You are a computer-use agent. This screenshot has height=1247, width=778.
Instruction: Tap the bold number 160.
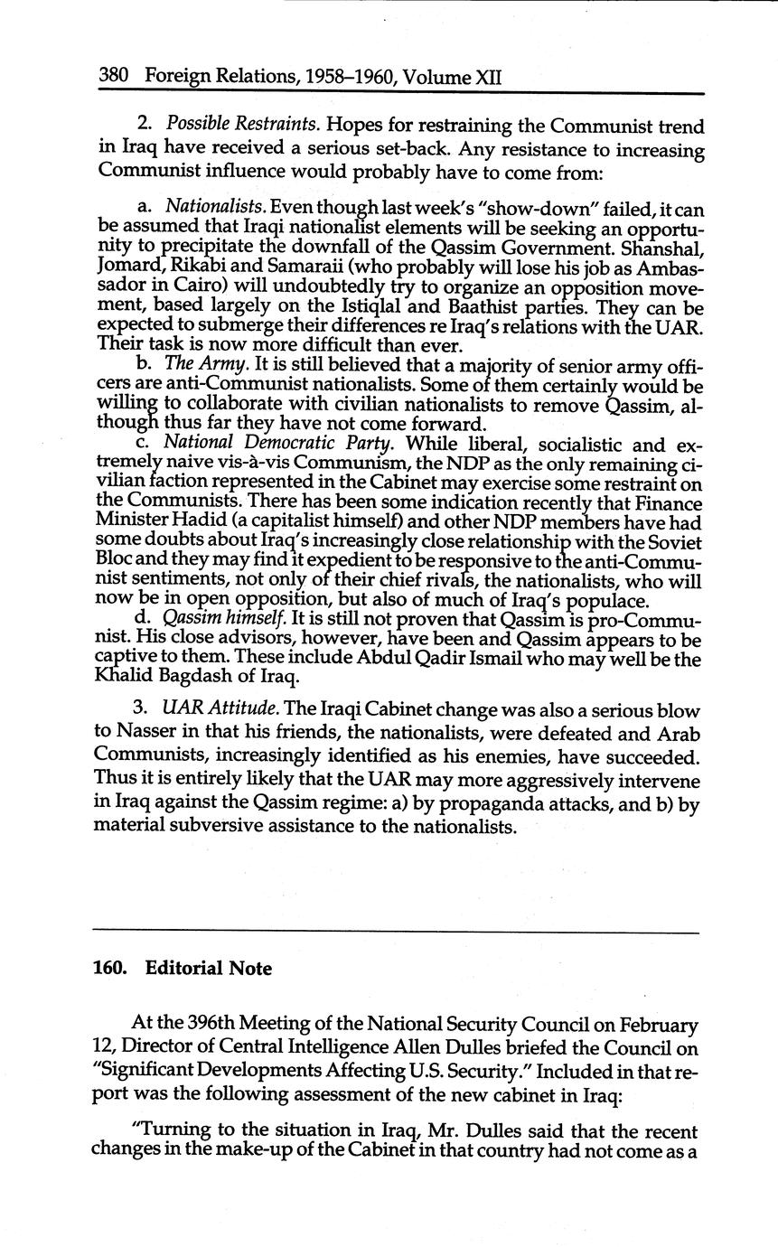[109, 969]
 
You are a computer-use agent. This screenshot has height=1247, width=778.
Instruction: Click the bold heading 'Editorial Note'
[208, 969]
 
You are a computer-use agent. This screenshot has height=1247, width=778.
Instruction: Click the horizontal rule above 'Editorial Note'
[396, 932]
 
